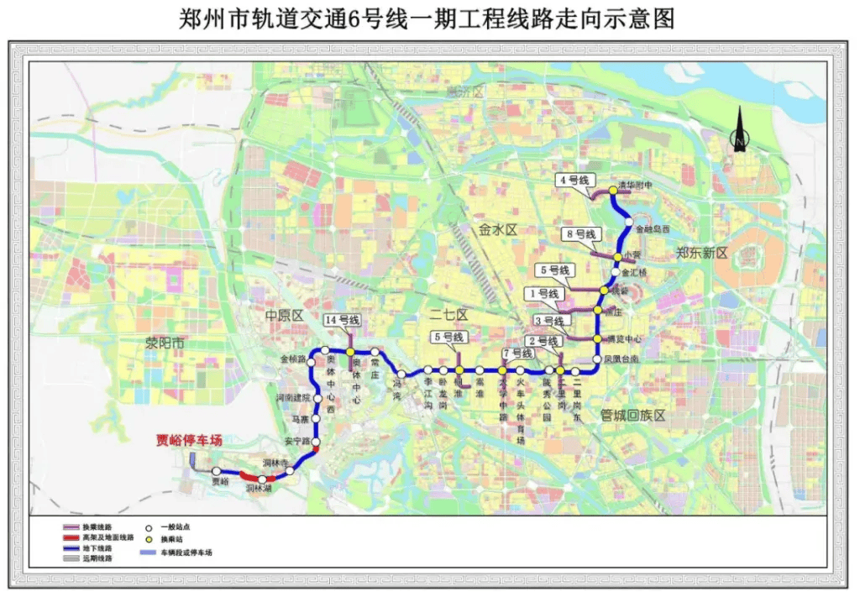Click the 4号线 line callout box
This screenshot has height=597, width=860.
575,181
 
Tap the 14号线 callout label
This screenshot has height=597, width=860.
342,320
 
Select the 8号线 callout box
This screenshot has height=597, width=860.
579,234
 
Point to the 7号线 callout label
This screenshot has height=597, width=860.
517,353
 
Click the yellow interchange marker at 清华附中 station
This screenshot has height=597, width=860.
612,190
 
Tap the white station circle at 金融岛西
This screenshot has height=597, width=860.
627,223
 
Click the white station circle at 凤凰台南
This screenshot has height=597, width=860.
597,359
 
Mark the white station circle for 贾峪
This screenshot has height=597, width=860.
217,472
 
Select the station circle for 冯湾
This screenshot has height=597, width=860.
402,374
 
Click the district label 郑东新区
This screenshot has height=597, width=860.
702,254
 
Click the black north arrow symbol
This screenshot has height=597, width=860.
739,130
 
